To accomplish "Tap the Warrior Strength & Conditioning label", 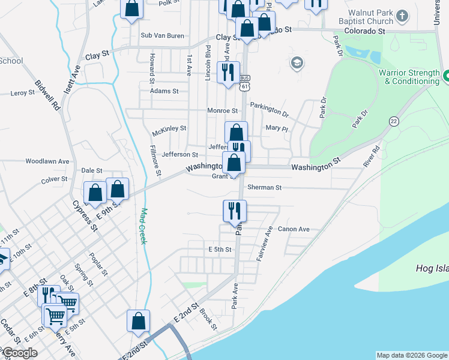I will tap(409, 77).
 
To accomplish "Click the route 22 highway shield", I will tap(393, 121).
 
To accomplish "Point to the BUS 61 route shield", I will tap(244, 83).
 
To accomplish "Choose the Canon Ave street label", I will tap(294, 229).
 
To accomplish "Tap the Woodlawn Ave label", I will tap(47, 161).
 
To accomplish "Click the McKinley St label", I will tap(169, 128).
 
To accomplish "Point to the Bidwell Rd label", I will tap(48, 97).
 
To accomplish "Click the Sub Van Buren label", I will tap(162, 35).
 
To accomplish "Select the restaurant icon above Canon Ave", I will tap(234, 210).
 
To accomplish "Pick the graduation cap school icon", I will tap(297, 62).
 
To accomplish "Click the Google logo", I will tap(20, 353).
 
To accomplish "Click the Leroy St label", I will tap(23, 93).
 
